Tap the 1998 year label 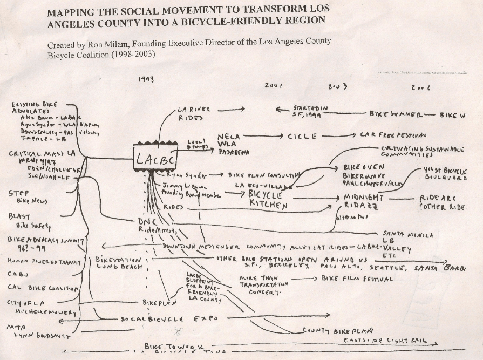[x=146, y=79]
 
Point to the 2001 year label [x=273, y=86]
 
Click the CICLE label [x=303, y=137]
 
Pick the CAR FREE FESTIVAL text [x=392, y=135]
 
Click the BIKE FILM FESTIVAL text [x=356, y=279]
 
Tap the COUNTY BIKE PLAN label [x=337, y=330]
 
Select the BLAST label [x=19, y=216]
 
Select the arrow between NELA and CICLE [x=262, y=137]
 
